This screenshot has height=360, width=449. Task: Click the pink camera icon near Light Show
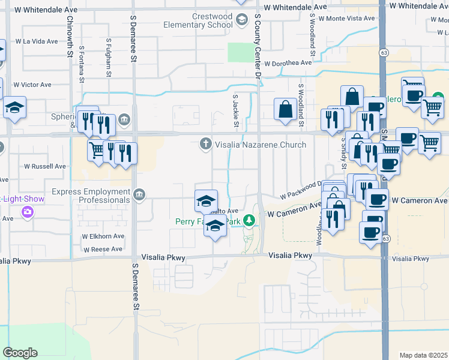[27, 211]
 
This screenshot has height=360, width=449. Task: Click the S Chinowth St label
[71, 37]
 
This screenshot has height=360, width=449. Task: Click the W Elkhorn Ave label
[103, 236]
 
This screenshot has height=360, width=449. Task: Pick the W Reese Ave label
[103, 249]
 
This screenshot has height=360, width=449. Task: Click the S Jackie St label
[237, 113]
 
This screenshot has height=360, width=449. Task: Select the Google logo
[20, 353]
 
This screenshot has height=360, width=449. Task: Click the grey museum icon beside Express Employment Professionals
[139, 194]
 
